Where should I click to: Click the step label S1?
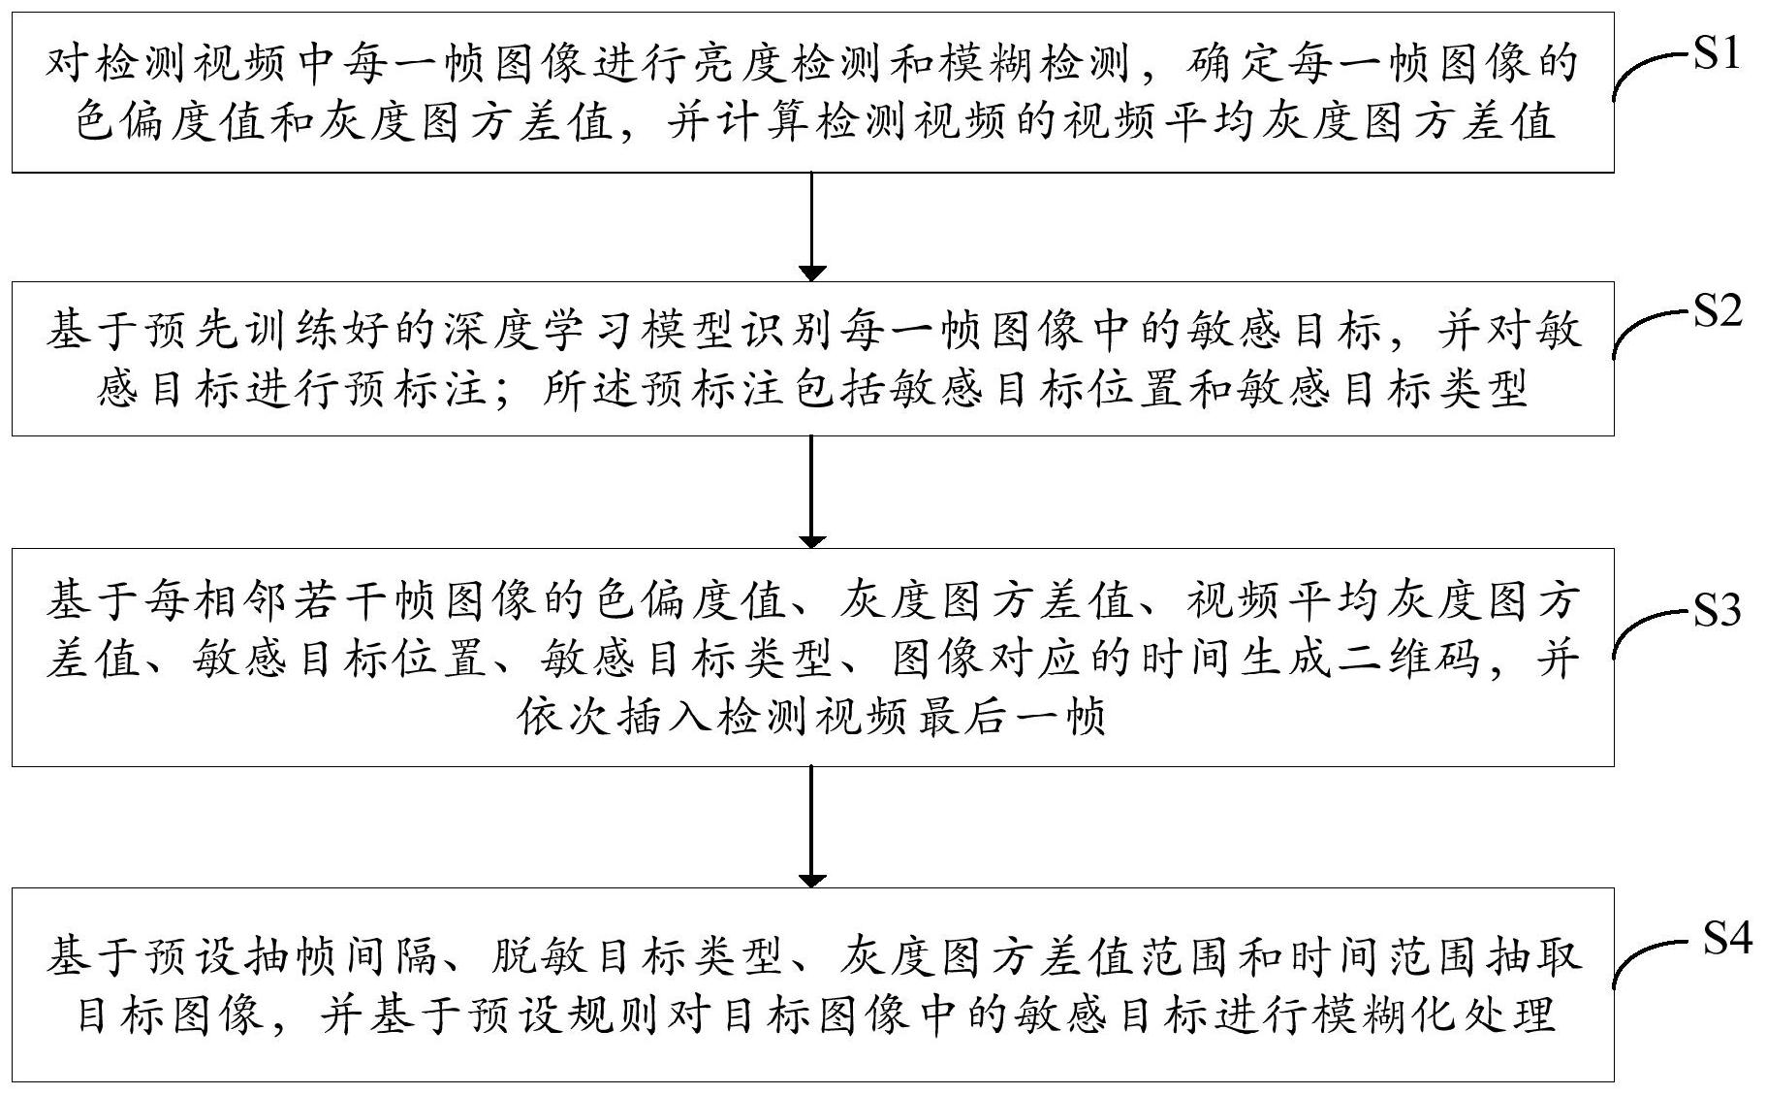click(x=1717, y=55)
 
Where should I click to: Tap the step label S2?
click(x=1717, y=312)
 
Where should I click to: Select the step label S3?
click(x=1717, y=610)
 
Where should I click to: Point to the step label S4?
click(x=1726, y=939)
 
